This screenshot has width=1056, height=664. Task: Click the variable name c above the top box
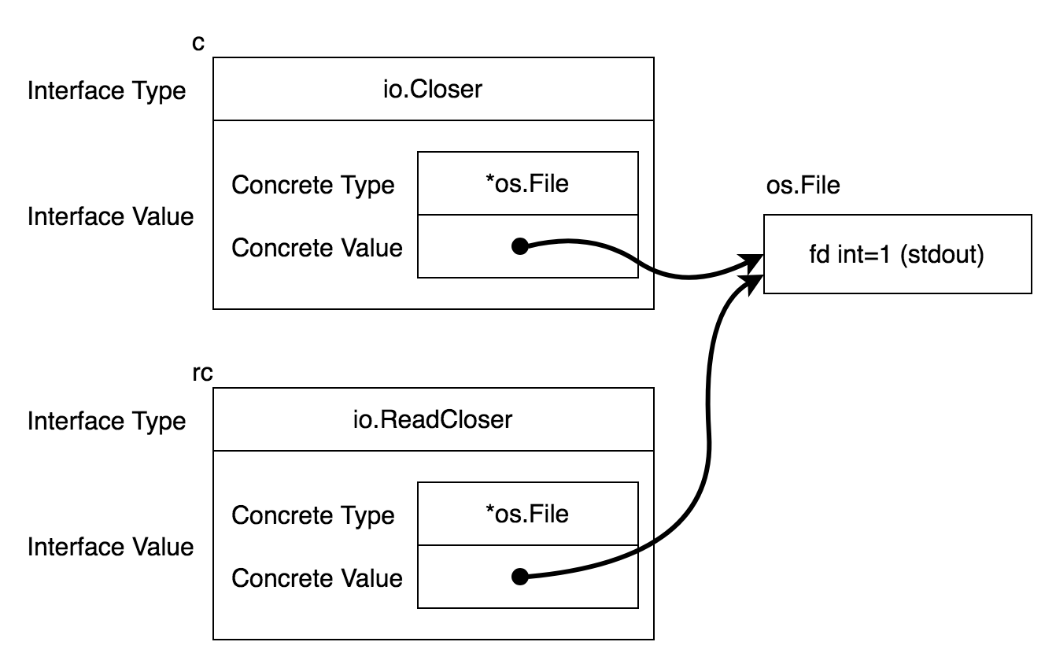click(198, 43)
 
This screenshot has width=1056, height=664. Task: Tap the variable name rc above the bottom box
click(203, 373)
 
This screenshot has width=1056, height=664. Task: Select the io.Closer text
click(433, 89)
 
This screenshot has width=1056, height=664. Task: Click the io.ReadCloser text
click(433, 419)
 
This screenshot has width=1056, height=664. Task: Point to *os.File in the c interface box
click(527, 183)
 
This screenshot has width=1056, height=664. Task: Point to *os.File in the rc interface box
click(527, 514)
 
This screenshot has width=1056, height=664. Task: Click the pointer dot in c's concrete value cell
click(520, 246)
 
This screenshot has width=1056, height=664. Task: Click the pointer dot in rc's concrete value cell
click(520, 577)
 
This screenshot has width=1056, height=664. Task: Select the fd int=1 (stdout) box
click(898, 254)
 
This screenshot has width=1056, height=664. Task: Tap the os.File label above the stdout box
click(803, 185)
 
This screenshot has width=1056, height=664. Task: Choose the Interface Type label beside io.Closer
click(106, 91)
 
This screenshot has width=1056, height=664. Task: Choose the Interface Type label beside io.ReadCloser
click(106, 422)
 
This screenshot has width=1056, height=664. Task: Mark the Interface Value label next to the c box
click(110, 217)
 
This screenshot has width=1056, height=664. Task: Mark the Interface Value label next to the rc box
click(110, 547)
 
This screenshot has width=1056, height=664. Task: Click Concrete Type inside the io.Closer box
click(312, 185)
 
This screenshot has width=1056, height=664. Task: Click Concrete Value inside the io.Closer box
click(317, 248)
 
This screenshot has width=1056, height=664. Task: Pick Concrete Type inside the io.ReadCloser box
click(312, 515)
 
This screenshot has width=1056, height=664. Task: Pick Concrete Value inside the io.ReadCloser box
click(317, 578)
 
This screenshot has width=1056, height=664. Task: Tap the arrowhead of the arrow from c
click(752, 262)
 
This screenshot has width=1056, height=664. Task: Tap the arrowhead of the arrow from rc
click(752, 284)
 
